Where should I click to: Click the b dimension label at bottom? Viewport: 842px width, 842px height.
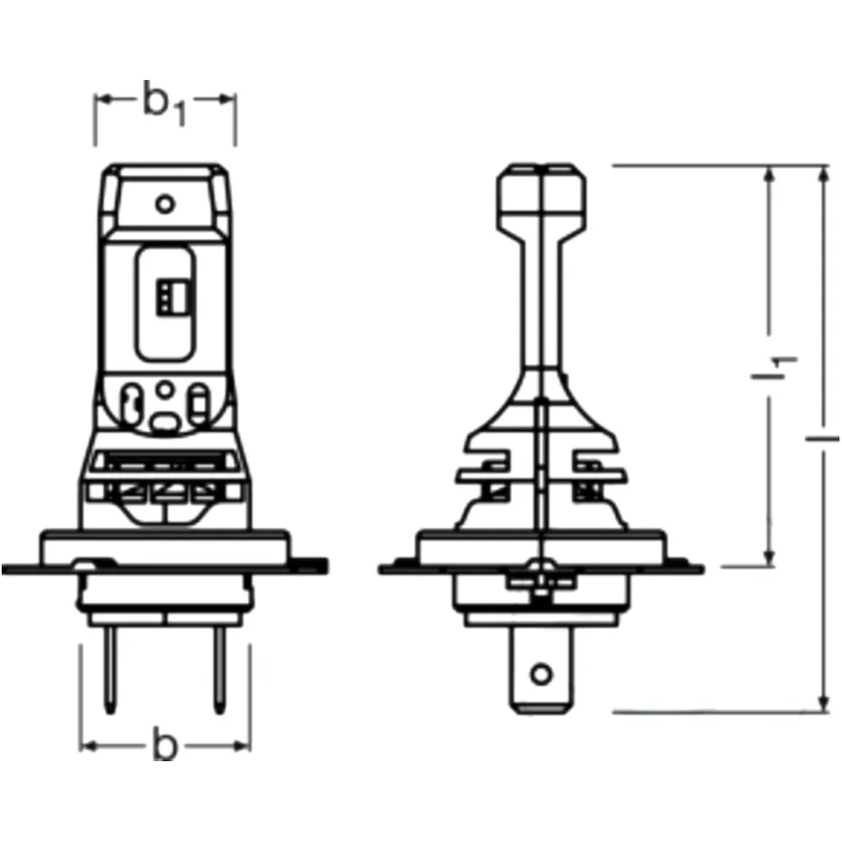pyautogui.click(x=165, y=743)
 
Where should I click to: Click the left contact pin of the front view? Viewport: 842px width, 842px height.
pyautogui.click(x=110, y=670)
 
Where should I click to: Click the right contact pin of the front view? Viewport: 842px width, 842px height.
pyautogui.click(x=220, y=670)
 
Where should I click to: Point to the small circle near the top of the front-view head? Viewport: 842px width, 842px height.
pyautogui.click(x=165, y=204)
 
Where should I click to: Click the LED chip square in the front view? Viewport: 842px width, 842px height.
pyautogui.click(x=171, y=296)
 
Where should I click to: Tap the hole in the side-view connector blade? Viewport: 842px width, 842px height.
pyautogui.click(x=541, y=674)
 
